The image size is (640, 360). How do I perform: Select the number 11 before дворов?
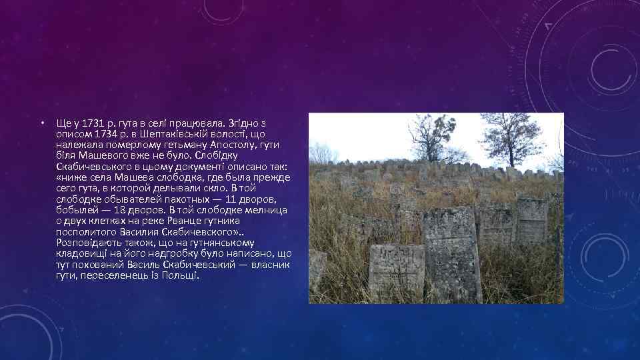(x=232, y=199)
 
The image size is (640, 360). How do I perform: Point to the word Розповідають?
(x=88, y=243)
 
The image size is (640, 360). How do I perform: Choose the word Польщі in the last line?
(x=181, y=275)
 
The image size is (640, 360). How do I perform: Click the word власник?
(x=270, y=265)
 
